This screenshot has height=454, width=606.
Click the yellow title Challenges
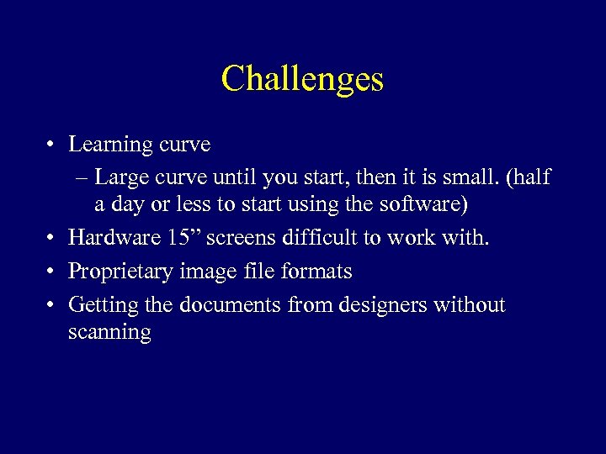coord(302,79)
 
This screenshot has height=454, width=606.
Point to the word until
coord(235,177)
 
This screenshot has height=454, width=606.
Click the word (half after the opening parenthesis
coord(529,177)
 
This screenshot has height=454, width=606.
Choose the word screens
coord(238,238)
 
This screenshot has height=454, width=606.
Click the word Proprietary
coord(119,272)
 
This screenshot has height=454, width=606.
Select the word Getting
coord(97,304)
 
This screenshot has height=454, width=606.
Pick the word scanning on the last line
coord(109,333)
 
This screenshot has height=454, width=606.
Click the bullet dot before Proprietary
coord(52,272)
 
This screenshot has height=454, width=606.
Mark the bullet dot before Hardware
coord(52,239)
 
